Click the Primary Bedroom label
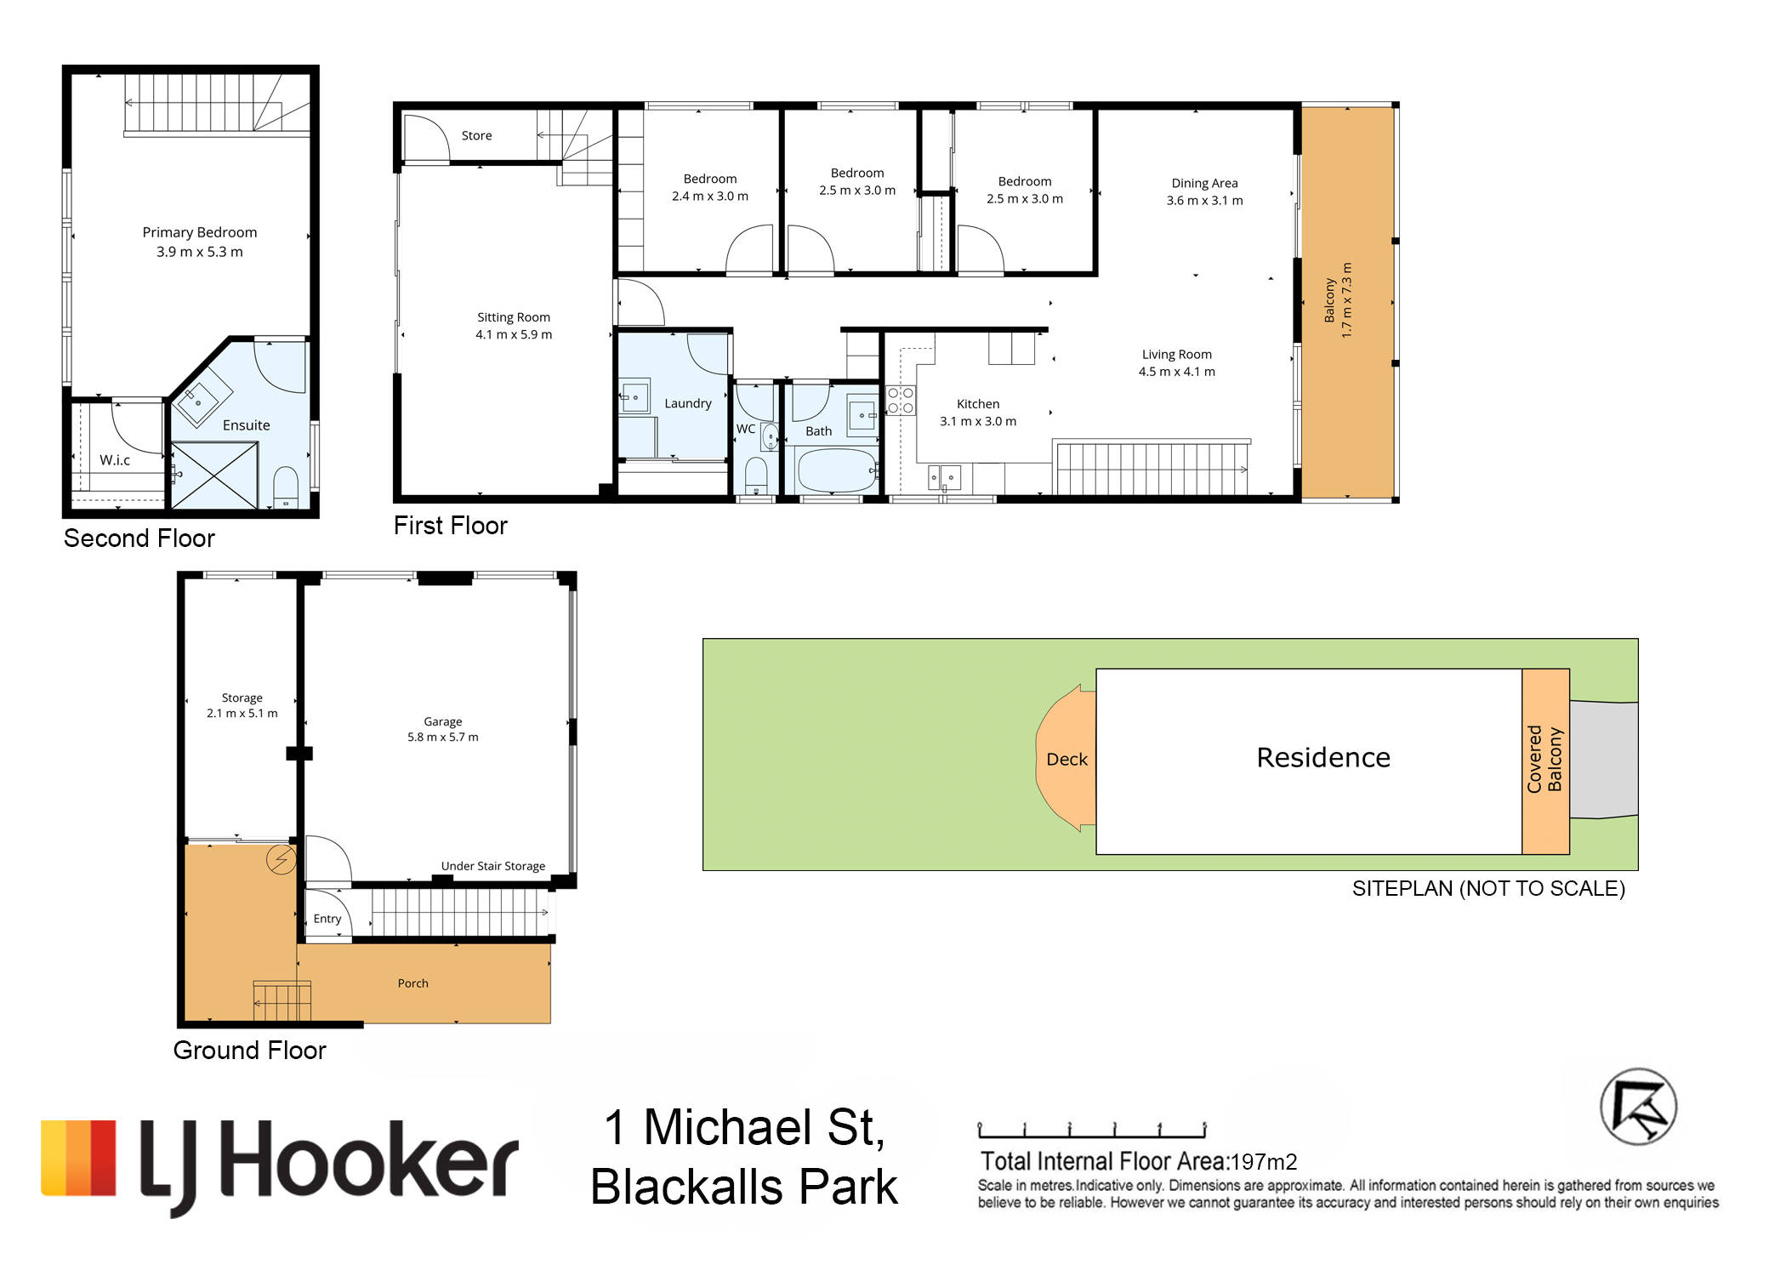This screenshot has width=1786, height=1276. click(200, 232)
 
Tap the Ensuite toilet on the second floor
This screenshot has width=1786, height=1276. click(286, 486)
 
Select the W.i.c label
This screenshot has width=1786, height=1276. click(115, 460)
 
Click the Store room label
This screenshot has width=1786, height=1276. click(476, 135)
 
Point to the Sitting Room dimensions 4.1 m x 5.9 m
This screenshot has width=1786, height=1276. click(514, 334)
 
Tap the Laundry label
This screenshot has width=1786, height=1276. click(688, 403)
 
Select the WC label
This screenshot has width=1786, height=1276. click(746, 429)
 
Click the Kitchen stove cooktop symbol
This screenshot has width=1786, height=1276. click(901, 401)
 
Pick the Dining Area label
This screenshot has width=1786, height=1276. click(1204, 183)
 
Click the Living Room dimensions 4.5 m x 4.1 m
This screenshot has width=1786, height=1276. click(1177, 372)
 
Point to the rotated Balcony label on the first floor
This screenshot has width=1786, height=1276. click(1329, 300)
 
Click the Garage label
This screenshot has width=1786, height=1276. click(443, 721)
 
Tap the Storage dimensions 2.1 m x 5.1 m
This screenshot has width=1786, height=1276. click(242, 713)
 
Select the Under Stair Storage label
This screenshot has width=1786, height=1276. click(493, 866)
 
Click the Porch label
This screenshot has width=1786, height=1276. click(413, 983)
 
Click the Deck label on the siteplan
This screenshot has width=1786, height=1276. click(1066, 759)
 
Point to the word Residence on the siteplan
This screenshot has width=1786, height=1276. click(1323, 757)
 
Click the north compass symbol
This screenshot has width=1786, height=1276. click(1639, 1107)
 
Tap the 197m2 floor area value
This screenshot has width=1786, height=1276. click(1264, 1161)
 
